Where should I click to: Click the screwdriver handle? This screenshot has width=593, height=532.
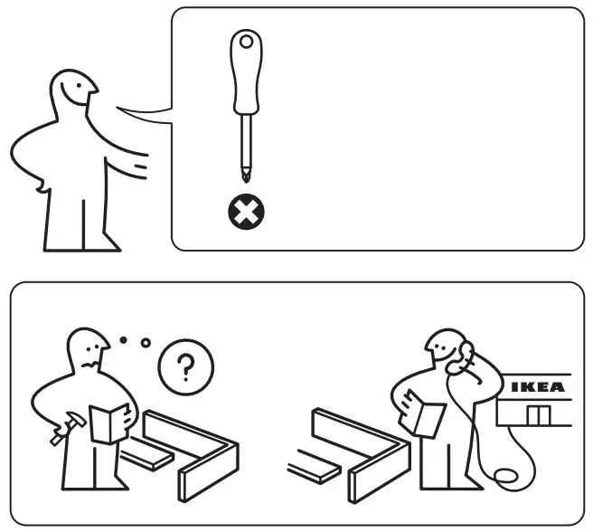244,77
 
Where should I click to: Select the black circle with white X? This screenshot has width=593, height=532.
245,214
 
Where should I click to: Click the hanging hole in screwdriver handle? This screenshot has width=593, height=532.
244,42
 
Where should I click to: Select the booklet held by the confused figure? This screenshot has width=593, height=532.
109,423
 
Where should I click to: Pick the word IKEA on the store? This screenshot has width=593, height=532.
537,387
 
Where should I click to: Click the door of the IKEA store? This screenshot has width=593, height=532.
539,414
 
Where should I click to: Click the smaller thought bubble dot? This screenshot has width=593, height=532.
124,340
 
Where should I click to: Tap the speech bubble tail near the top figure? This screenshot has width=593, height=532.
145,115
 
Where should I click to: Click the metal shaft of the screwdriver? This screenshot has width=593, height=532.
244,145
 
